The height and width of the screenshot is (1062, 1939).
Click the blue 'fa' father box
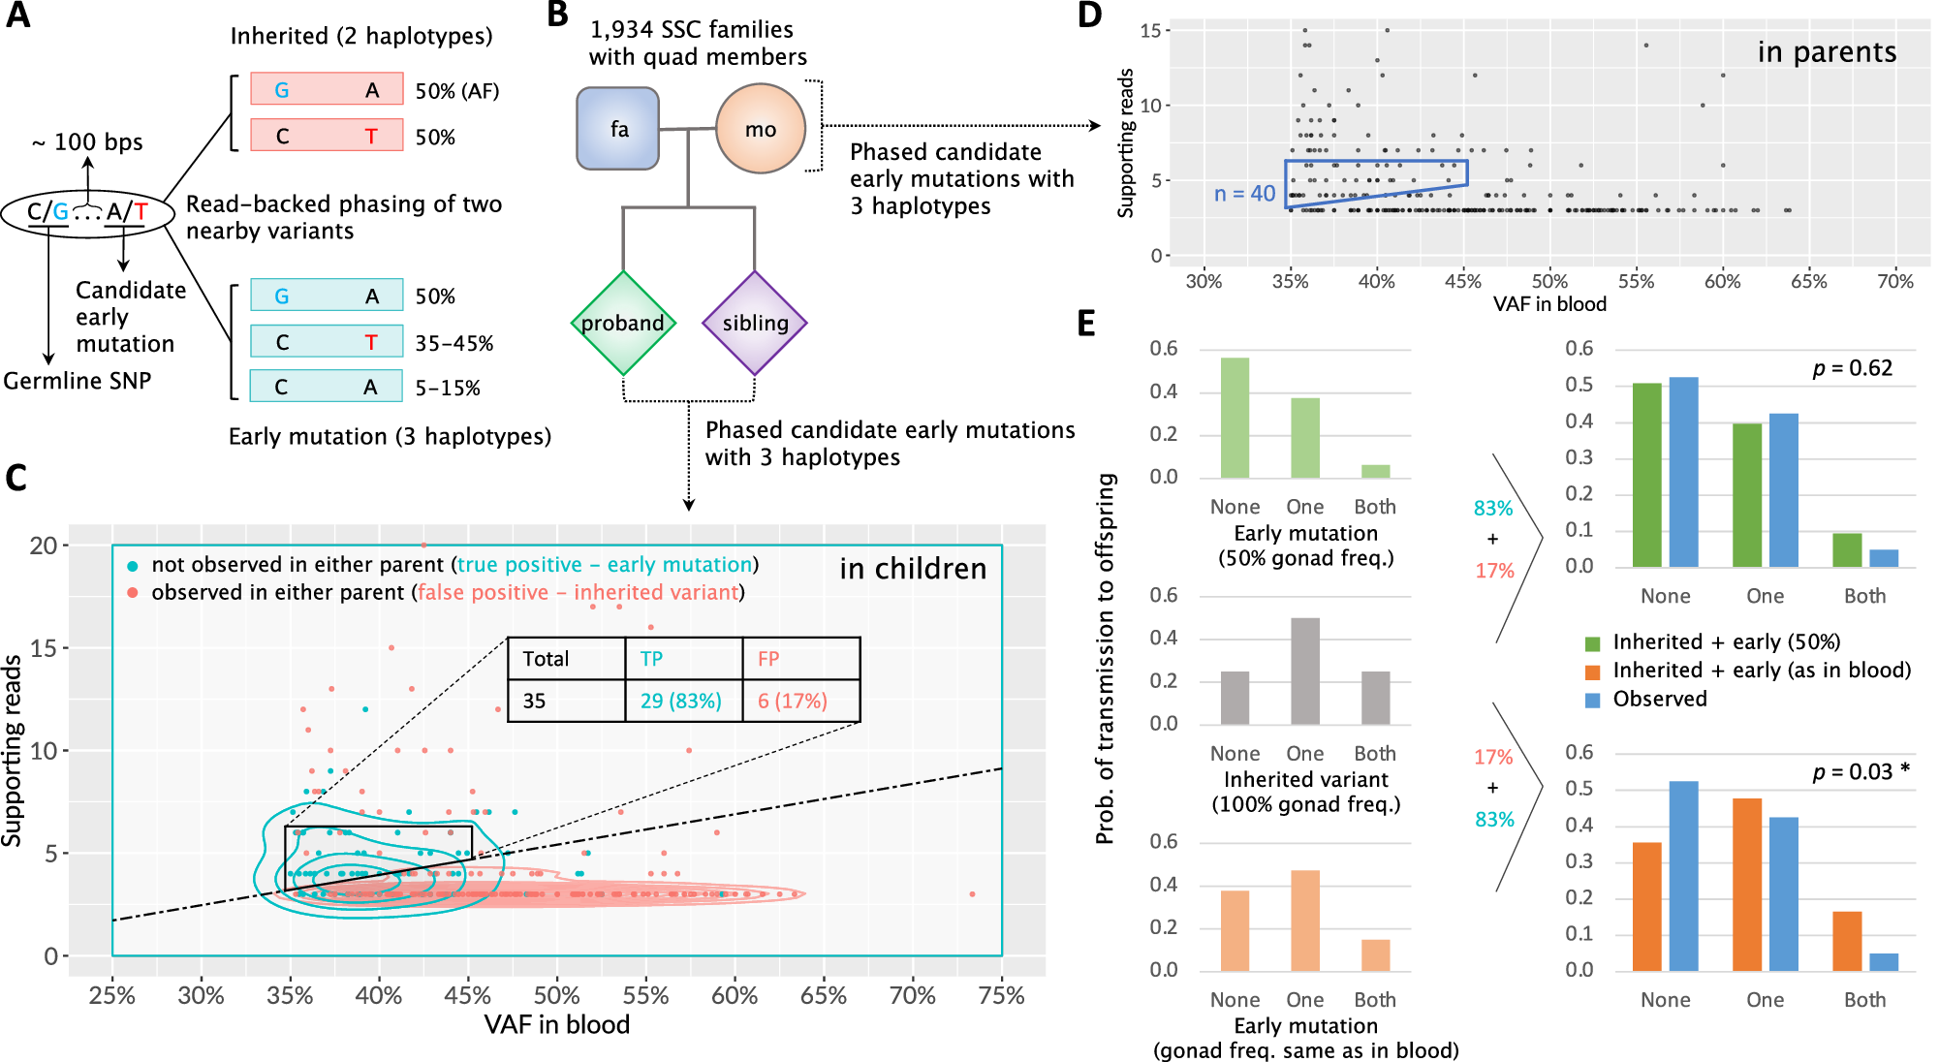click(617, 129)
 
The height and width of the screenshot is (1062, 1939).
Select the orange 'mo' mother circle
click(761, 129)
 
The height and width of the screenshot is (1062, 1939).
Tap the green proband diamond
click(622, 323)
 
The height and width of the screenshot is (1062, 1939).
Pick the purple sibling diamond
click(755, 323)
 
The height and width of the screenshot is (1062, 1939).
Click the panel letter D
click(1089, 16)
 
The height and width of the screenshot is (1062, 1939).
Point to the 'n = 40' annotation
click(1244, 194)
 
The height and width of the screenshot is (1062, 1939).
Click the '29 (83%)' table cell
click(681, 701)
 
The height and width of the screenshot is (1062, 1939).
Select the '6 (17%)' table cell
click(792, 701)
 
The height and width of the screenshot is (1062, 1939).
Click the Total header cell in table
click(546, 659)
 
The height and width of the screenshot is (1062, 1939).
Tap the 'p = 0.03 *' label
click(1861, 771)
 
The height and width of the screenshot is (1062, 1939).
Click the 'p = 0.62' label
click(1852, 368)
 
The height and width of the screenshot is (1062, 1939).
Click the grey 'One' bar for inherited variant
click(1304, 672)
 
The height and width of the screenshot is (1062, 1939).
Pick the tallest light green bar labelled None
click(1235, 418)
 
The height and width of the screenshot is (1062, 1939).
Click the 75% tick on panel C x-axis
click(1001, 996)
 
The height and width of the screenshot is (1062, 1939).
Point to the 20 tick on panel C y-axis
click(44, 546)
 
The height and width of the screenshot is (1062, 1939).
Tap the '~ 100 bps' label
click(87, 142)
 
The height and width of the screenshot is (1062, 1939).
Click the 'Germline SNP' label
click(78, 381)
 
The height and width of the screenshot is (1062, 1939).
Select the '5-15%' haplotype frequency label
click(448, 389)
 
